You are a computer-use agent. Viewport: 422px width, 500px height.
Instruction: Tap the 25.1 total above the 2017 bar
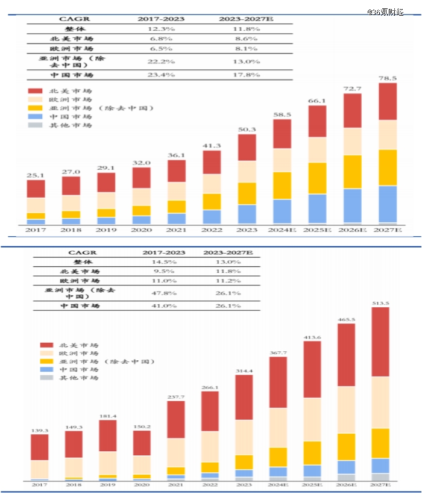click(36, 175)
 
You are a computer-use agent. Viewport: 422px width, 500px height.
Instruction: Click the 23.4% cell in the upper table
click(161, 75)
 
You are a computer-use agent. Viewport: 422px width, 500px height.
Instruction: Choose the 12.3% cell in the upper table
click(161, 29)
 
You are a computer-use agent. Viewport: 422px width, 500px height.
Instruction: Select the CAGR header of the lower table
click(82, 252)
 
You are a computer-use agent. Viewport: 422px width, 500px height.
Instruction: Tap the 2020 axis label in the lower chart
click(142, 484)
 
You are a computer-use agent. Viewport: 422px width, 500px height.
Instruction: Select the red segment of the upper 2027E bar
click(388, 101)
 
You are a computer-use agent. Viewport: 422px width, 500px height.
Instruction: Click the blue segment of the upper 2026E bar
click(353, 206)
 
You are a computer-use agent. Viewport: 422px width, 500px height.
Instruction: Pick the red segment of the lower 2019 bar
click(108, 436)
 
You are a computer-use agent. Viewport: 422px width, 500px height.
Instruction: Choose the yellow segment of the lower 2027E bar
click(380, 443)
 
